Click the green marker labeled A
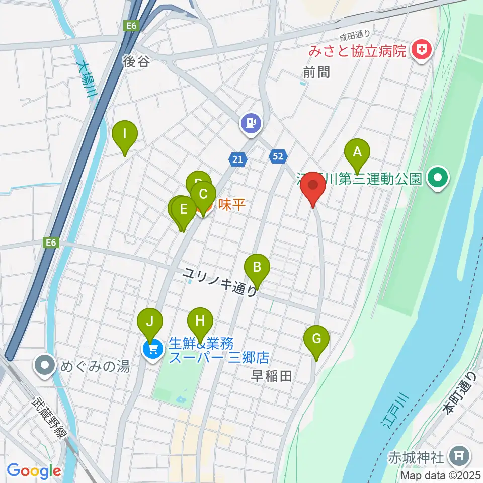point(357,151)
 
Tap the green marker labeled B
point(257,267)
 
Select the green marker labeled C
point(203,194)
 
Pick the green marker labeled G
point(316,338)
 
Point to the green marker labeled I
point(125,134)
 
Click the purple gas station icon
point(251,122)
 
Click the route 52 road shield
point(278,156)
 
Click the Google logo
point(34,471)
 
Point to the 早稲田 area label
point(272,376)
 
